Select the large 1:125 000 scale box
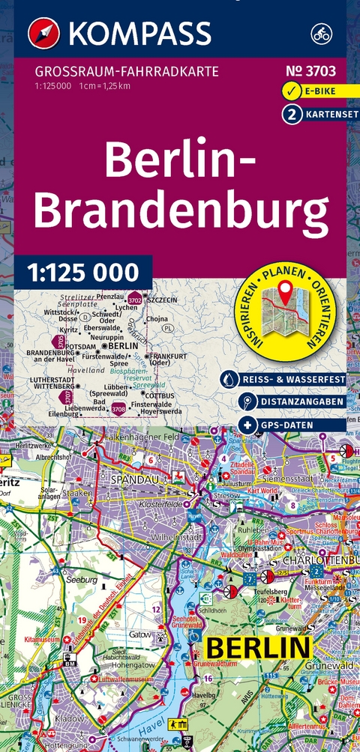tap(82, 270)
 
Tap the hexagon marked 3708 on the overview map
tap(118, 409)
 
